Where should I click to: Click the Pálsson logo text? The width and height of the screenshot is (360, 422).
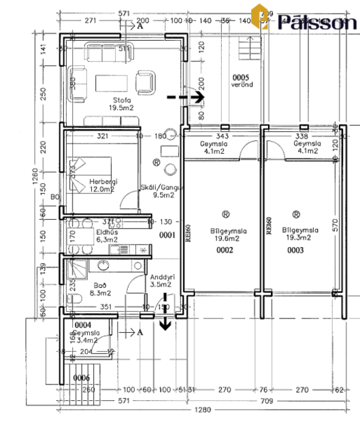tap(314, 21)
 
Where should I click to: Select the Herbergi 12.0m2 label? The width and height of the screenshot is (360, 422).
tap(101, 185)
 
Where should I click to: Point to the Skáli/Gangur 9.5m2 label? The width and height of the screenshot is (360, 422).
tap(157, 191)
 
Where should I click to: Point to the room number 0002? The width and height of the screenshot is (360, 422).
tap(225, 250)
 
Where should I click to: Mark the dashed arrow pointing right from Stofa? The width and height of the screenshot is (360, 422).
tap(186, 97)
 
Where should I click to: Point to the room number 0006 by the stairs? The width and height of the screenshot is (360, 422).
tap(82, 377)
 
